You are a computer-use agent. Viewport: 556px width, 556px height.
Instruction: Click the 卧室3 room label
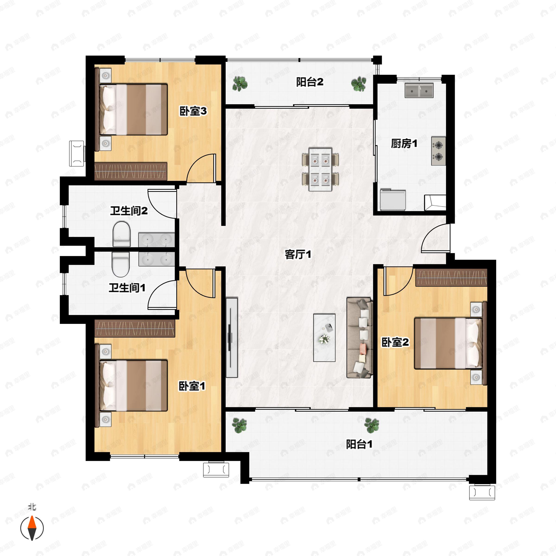tap(193, 111)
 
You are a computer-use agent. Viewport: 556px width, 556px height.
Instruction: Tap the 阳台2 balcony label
tap(310, 82)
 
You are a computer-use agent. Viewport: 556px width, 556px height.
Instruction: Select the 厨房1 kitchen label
tap(404, 143)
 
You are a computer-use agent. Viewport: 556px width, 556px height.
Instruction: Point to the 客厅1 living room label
tap(298, 254)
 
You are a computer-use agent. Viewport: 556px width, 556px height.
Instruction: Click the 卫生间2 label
tap(129, 211)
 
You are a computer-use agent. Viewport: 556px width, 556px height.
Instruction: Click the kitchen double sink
tap(419, 90)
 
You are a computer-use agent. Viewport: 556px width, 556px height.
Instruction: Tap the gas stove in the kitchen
tap(438, 151)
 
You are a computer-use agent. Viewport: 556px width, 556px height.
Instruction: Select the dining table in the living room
tap(320, 169)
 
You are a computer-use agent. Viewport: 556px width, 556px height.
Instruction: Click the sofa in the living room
tap(360, 338)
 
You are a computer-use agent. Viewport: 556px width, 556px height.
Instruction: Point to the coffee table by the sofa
tap(324, 338)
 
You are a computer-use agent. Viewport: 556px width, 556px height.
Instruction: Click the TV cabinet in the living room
tap(232, 338)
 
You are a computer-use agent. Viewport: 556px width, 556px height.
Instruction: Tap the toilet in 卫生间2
tap(121, 234)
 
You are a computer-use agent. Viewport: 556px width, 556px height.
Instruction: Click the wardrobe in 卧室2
tap(451, 278)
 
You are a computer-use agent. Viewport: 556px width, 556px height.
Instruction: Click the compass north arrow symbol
tap(32, 528)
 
